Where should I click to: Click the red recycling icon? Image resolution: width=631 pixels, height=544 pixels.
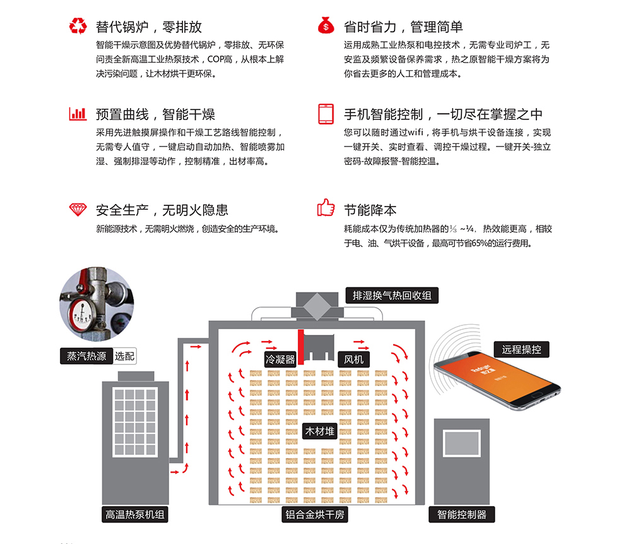pyautogui.click(x=78, y=27)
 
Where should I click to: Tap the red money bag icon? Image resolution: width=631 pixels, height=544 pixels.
pyautogui.click(x=326, y=27)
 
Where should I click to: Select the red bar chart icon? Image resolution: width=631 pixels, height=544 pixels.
pyautogui.click(x=78, y=114)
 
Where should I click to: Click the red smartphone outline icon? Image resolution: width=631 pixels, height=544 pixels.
pyautogui.click(x=326, y=114)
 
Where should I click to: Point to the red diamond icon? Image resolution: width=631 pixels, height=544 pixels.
pyautogui.click(x=78, y=209)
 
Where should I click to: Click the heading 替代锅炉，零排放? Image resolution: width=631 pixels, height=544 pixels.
pyautogui.click(x=149, y=27)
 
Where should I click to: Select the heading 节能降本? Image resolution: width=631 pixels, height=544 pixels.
pyautogui.click(x=370, y=210)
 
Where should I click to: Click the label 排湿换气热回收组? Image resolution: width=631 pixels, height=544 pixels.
pyautogui.click(x=391, y=295)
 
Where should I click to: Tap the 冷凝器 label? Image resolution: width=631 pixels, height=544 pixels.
pyautogui.click(x=280, y=360)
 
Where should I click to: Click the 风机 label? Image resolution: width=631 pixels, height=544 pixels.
pyautogui.click(x=354, y=360)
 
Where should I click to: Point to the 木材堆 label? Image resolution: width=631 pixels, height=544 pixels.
pyautogui.click(x=320, y=432)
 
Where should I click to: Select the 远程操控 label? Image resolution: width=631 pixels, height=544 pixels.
pyautogui.click(x=521, y=349)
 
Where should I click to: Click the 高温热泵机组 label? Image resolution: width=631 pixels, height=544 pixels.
pyautogui.click(x=134, y=514)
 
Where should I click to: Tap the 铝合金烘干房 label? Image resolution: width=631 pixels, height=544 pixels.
pyautogui.click(x=314, y=514)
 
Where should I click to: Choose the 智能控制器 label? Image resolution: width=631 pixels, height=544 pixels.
pyautogui.click(x=462, y=514)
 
